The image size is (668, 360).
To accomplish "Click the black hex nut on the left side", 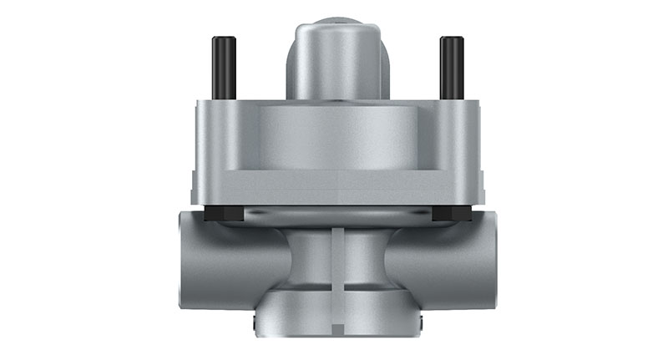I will pos(223,214).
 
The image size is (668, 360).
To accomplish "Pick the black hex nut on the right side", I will pos(452,214).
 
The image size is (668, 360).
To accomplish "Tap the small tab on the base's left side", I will pos(251,321).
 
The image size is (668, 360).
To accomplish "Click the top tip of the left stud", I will pos(224,39).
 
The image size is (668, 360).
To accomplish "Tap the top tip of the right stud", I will pos(452,39).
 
